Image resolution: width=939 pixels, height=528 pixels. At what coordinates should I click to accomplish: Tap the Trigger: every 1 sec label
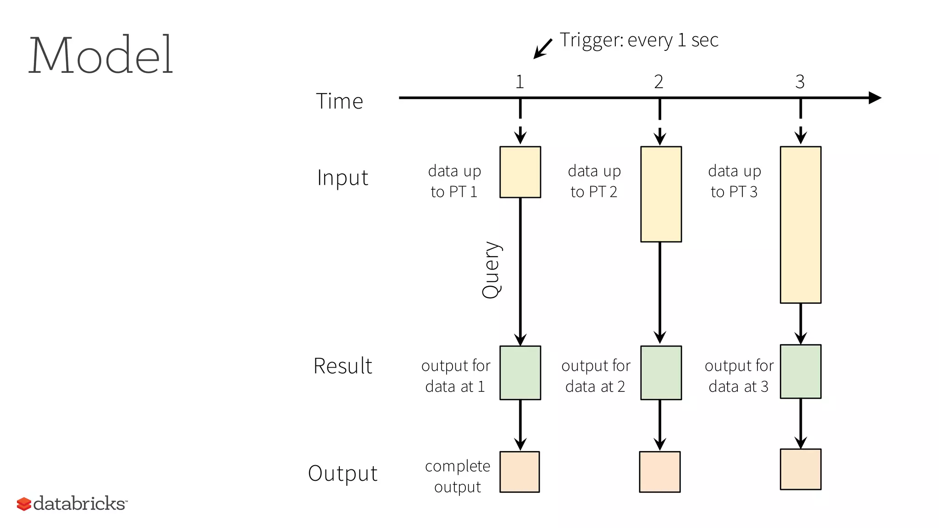(x=639, y=40)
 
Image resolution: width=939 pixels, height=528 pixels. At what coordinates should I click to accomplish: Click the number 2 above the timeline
(x=658, y=82)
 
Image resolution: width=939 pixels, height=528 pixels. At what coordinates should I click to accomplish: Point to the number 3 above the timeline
(x=800, y=82)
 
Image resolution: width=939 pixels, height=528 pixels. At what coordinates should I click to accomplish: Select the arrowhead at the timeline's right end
(x=874, y=98)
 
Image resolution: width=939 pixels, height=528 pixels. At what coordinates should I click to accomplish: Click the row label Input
(x=342, y=178)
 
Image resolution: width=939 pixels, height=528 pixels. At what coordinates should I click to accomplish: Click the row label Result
(x=342, y=366)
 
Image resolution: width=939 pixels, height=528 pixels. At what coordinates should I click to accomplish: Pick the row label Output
(x=342, y=473)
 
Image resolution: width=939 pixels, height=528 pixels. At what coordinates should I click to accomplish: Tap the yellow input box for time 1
(x=520, y=172)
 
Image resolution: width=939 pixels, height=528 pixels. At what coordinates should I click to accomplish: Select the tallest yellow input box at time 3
(x=801, y=225)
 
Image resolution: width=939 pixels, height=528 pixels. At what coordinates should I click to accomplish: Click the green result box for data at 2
(x=661, y=373)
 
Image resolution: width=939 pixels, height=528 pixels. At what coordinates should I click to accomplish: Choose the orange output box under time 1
(x=519, y=472)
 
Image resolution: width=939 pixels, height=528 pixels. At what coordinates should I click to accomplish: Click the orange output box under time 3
(x=801, y=469)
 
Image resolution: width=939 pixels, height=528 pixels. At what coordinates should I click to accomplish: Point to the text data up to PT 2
(x=594, y=181)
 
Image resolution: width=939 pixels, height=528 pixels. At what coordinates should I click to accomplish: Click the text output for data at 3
(x=739, y=376)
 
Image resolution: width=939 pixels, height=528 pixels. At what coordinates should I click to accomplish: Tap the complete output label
(x=458, y=476)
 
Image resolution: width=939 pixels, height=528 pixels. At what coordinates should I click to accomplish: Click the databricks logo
(x=72, y=503)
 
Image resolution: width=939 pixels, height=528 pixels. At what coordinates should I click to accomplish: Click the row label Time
(x=339, y=101)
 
